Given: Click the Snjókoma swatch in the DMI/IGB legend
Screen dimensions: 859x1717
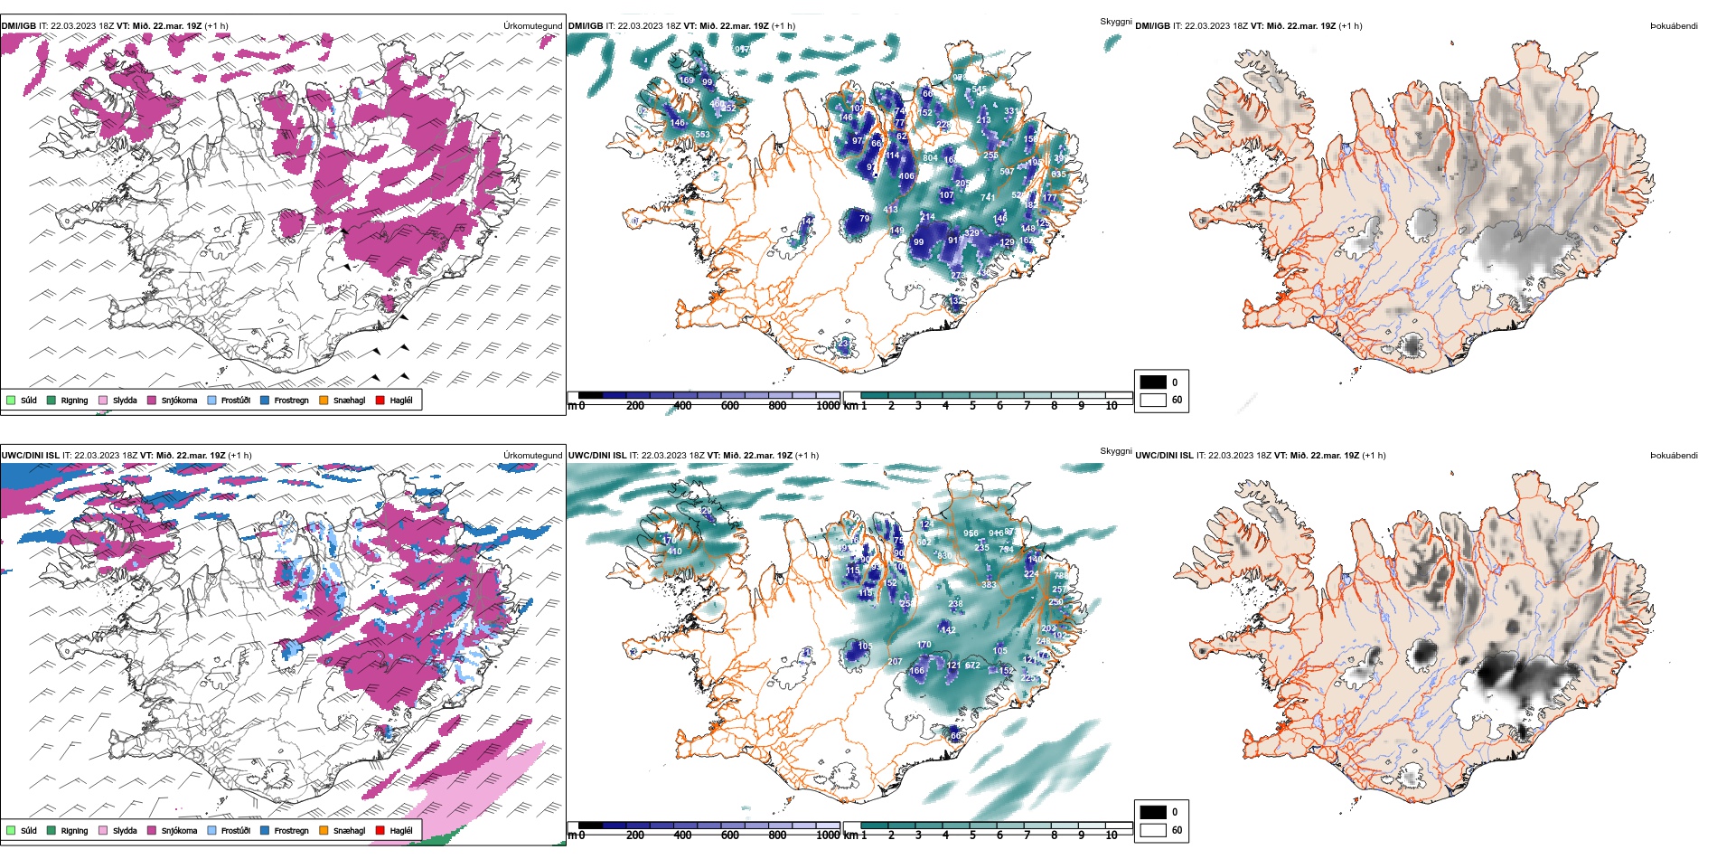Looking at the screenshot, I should click(x=152, y=401).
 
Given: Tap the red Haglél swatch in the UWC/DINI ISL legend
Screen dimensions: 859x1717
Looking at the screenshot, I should click(x=380, y=830).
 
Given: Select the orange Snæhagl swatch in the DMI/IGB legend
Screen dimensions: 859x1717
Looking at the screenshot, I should click(x=324, y=401).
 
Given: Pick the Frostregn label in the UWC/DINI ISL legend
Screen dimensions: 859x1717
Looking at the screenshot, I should click(x=291, y=830).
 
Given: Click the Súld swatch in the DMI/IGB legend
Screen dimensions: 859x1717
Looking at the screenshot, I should click(x=11, y=401).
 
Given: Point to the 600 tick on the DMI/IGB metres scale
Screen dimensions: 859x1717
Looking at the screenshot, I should click(x=729, y=406).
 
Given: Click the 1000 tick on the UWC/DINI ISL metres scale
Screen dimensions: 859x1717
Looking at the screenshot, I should click(x=828, y=835).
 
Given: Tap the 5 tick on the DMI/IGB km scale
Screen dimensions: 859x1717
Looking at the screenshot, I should click(x=972, y=406).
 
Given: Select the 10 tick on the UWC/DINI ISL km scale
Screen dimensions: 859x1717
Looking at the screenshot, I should click(x=1112, y=835).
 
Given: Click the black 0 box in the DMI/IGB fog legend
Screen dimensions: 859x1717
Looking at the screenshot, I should click(x=1153, y=382).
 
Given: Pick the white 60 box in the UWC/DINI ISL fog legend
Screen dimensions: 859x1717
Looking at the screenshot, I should click(x=1153, y=829).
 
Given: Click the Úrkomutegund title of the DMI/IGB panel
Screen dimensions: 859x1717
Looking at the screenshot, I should click(x=532, y=26).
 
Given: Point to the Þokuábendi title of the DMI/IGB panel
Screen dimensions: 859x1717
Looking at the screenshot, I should click(x=1674, y=26).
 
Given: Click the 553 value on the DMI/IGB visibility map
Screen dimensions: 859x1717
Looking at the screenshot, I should click(x=702, y=135).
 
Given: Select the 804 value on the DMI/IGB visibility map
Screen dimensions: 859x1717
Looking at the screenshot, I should click(x=930, y=158).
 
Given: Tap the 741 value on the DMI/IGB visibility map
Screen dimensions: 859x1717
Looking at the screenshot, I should click(x=988, y=197).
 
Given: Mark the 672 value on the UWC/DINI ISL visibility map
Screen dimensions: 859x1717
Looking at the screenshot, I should click(x=972, y=665).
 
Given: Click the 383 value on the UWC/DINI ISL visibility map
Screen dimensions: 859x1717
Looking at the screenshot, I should click(x=989, y=585).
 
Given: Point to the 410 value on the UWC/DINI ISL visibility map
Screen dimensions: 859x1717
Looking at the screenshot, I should click(x=674, y=552).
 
